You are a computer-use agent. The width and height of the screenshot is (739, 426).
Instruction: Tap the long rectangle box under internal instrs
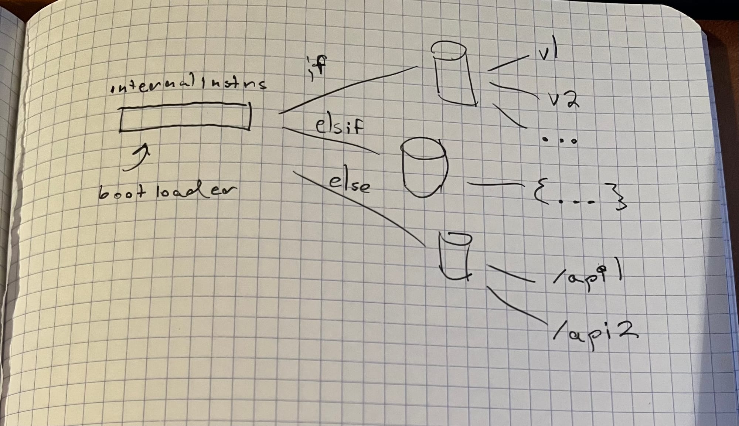tap(185, 117)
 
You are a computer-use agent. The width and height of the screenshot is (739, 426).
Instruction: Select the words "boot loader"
tap(167, 191)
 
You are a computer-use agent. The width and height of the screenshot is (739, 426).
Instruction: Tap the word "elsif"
tap(339, 127)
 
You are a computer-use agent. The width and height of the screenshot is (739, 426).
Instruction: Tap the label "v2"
tap(563, 99)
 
